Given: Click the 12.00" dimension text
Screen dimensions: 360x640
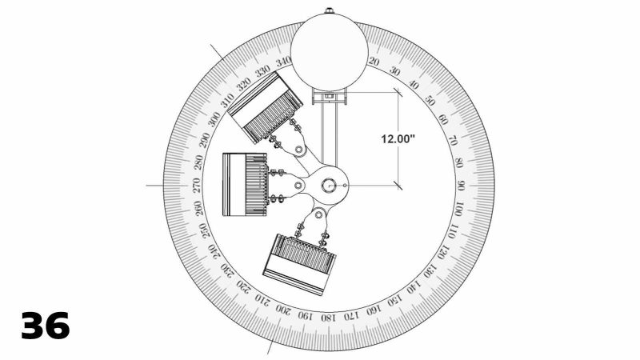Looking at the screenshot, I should pyautogui.click(x=398, y=138).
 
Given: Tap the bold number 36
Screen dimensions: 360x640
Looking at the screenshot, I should pyautogui.click(x=46, y=326).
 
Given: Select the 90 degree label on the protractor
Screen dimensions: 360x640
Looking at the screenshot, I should pyautogui.click(x=462, y=186).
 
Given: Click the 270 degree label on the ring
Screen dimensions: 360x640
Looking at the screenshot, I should pyautogui.click(x=197, y=184).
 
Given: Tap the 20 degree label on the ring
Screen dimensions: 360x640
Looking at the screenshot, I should pyautogui.click(x=374, y=61).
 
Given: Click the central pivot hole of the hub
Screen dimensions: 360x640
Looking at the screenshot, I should pyautogui.click(x=329, y=185).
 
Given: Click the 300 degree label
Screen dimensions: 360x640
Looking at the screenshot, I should pyautogui.click(x=214, y=119).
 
